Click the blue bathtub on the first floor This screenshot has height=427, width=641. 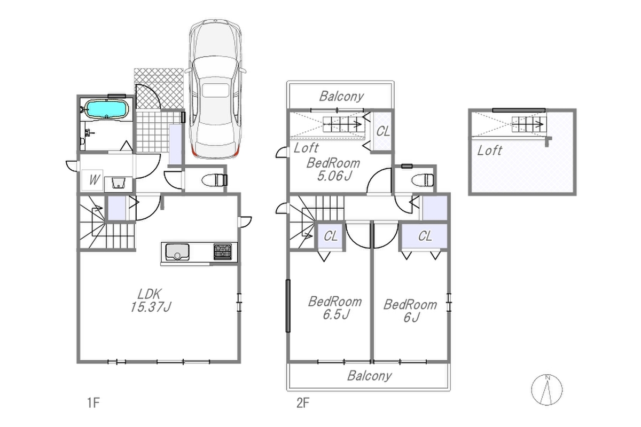pyautogui.click(x=107, y=109)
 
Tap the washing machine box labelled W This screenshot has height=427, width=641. pyautogui.click(x=92, y=180)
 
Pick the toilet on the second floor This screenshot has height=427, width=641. pyautogui.click(x=423, y=180)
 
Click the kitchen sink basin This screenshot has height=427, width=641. pyautogui.click(x=177, y=252)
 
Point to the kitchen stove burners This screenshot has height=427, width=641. pyautogui.click(x=223, y=251)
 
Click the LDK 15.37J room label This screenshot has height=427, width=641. pyautogui.click(x=151, y=301)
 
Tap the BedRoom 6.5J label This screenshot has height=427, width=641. pyautogui.click(x=335, y=308)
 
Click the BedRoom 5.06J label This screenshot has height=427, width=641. pyautogui.click(x=333, y=169)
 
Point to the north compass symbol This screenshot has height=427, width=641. pyautogui.click(x=546, y=390)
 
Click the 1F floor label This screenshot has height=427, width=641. pyautogui.click(x=93, y=402)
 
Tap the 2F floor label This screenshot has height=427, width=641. pyautogui.click(x=303, y=402)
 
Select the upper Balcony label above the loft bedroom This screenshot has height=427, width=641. pyautogui.click(x=341, y=97)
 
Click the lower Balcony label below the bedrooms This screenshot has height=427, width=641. pyautogui.click(x=370, y=376)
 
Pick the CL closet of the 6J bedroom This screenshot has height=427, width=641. pyautogui.click(x=425, y=236)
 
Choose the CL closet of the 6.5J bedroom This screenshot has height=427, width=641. pyautogui.click(x=330, y=236)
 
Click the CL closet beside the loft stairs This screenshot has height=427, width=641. pyautogui.click(x=382, y=131)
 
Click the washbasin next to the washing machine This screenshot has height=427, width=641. pyautogui.click(x=119, y=183)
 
